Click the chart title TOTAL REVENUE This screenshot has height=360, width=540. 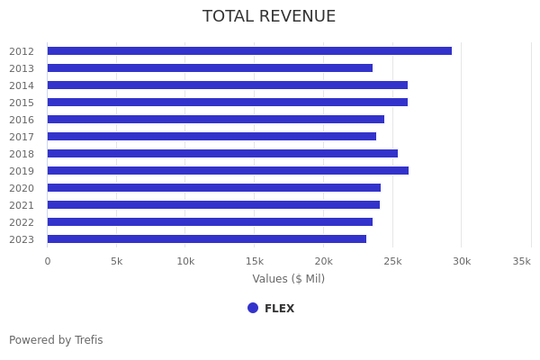269,16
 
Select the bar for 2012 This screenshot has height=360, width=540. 249,51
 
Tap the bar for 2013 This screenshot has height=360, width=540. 210,68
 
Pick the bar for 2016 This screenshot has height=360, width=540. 216,120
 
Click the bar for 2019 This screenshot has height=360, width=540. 228,171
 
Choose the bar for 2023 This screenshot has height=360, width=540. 207,239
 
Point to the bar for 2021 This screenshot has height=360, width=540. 213,205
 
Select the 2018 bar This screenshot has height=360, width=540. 222,154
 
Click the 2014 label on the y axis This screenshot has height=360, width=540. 22,85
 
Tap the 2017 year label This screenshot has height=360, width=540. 22,137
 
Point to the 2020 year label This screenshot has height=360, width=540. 22,188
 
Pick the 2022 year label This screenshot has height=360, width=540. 22,222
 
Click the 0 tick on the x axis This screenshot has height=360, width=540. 48,261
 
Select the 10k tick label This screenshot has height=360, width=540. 185,261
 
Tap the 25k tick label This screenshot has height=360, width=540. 392,261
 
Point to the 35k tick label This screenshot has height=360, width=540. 521,261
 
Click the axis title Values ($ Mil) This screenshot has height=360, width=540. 288,279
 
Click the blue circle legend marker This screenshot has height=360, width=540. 253,308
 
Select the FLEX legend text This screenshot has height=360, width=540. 279,309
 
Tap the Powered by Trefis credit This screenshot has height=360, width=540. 56,340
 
